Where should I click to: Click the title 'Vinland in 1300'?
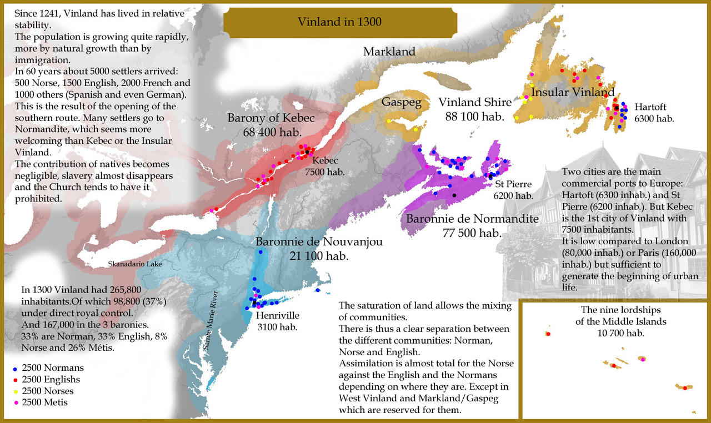[x=339, y=22]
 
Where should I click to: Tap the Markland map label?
[x=389, y=52]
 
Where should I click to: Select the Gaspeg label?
[x=401, y=102]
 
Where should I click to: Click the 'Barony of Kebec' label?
[x=271, y=118]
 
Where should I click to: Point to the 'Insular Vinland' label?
[x=573, y=92]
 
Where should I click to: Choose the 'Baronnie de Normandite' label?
[x=472, y=219]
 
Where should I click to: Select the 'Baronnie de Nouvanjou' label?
[x=319, y=242]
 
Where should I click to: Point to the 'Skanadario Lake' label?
[x=134, y=264]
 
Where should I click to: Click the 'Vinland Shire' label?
[x=474, y=102]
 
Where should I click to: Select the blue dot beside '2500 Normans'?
[x=14, y=369]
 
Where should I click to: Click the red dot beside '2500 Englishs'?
[x=14, y=380]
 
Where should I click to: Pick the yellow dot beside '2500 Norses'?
[x=14, y=391]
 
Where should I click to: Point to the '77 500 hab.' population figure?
[x=472, y=233]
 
